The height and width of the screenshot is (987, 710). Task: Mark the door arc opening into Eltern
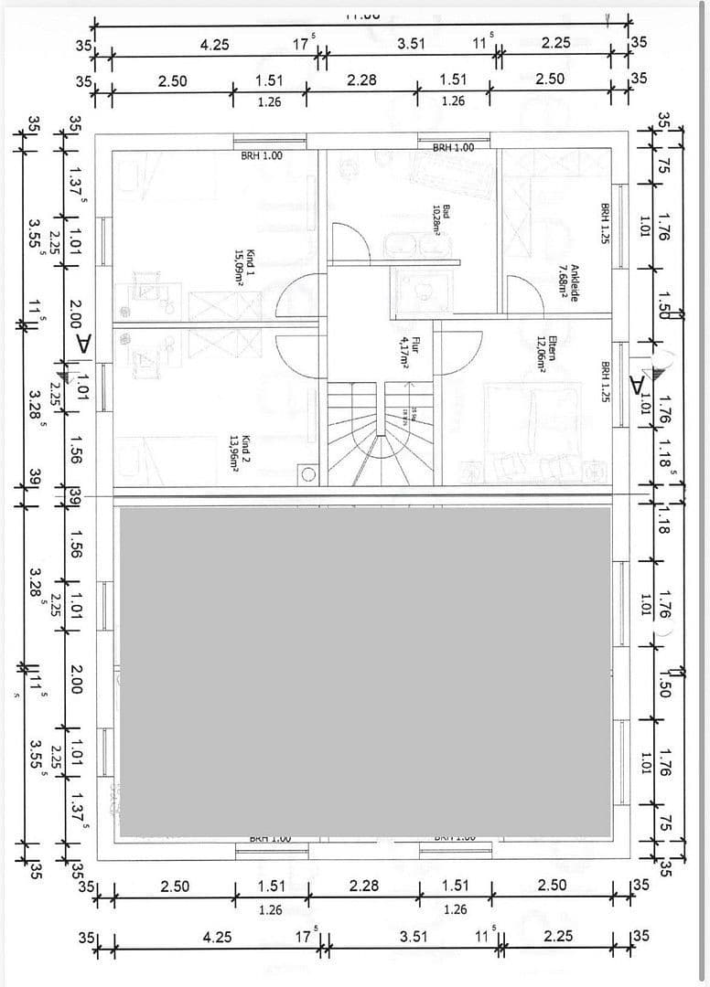463,346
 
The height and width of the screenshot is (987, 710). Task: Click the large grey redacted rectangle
365,672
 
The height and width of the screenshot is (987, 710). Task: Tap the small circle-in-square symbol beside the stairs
309,475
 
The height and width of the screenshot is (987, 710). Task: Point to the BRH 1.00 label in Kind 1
262,155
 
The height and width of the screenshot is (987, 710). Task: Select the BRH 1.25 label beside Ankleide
605,223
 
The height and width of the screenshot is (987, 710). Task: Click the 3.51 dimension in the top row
411,44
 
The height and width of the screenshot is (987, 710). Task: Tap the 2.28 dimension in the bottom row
363,886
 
